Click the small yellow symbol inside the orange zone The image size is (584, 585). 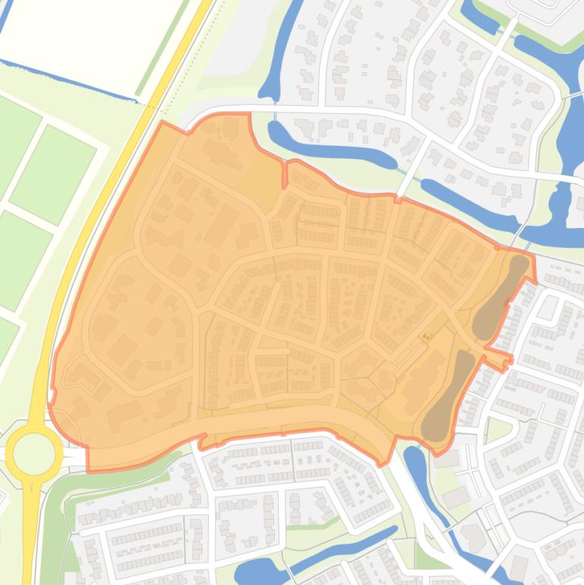click(427, 335)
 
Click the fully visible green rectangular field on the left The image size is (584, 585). click(52, 173)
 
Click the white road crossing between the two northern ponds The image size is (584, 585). click(410, 171)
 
